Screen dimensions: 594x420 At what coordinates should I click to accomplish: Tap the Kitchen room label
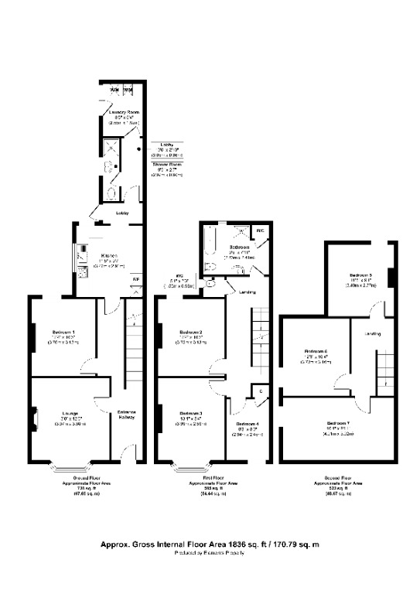(114, 254)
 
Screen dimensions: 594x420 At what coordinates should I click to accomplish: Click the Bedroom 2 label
(190, 332)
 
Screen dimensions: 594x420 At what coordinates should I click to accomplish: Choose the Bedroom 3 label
(190, 412)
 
